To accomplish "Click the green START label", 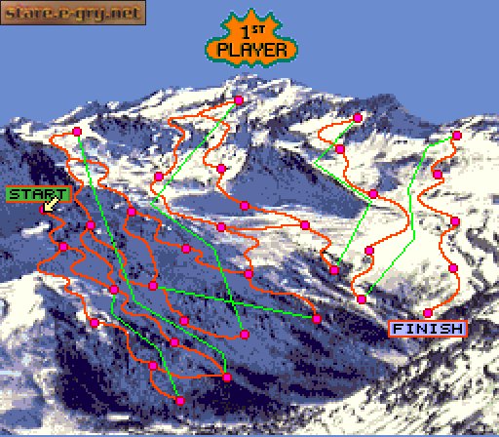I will (38, 194).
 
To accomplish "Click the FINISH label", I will (428, 329).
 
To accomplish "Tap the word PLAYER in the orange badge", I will (252, 49).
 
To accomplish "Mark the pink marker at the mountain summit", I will (239, 99).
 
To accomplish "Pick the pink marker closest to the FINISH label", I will (428, 312).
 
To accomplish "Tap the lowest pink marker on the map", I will (180, 400).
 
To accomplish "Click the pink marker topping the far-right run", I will (457, 136).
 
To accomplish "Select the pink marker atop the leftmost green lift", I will (77, 132).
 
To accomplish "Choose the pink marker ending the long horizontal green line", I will (317, 318).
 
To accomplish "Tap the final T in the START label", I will (63, 194).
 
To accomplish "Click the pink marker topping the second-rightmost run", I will (358, 117).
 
